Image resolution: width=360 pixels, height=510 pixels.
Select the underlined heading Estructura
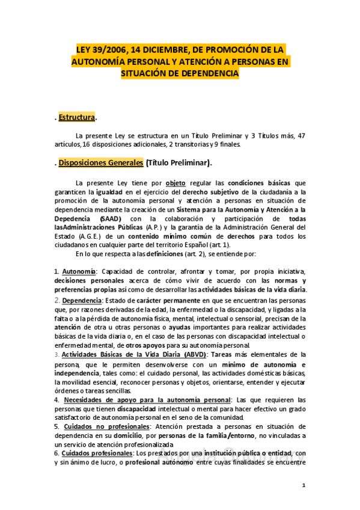coord(77,117)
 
